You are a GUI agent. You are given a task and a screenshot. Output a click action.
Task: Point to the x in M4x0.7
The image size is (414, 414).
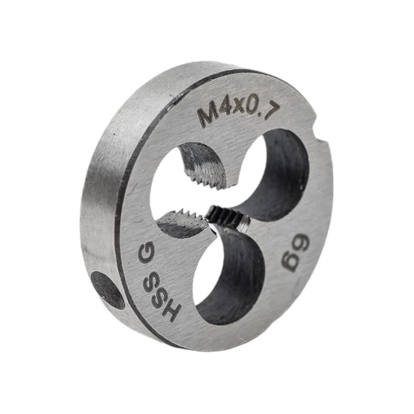coord(239,107)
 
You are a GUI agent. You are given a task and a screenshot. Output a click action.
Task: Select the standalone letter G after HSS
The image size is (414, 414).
coord(146,252)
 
